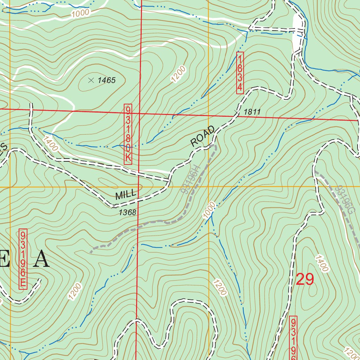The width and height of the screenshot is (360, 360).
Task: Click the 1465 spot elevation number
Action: click(x=107, y=81)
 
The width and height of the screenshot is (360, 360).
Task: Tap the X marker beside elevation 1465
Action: click(x=91, y=80)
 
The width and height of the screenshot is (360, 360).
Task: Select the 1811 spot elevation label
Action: click(x=252, y=112)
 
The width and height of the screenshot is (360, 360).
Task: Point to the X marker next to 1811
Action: click(x=237, y=112)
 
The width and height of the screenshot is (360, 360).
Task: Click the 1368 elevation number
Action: click(x=127, y=212)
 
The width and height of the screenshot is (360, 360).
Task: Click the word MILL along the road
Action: click(x=126, y=194)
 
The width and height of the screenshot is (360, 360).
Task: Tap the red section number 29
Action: click(x=304, y=279)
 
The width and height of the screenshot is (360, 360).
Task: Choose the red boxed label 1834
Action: click(x=240, y=73)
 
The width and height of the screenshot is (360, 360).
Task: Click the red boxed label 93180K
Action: click(x=128, y=134)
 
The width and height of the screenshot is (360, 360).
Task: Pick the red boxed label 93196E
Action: click(x=23, y=259)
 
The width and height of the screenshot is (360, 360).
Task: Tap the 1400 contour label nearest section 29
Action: click(x=322, y=263)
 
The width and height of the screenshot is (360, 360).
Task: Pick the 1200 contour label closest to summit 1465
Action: click(x=178, y=74)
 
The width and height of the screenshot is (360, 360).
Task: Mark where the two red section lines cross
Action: click(x=140, y=114)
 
